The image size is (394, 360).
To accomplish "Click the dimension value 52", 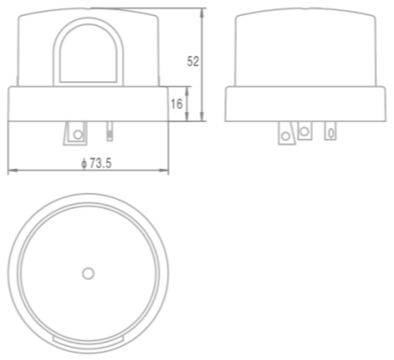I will click(194, 62).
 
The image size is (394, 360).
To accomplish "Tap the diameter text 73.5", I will click(98, 163).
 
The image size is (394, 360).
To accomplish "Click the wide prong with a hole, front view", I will click(76, 134).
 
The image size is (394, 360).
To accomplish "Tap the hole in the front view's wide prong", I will click(77, 136).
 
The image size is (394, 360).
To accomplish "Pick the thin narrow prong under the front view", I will click(110, 132).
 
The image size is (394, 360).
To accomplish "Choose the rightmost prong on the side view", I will click(330, 132).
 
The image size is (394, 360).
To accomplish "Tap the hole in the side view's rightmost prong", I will click(330, 133).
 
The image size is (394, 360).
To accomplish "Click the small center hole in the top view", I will click(88, 273).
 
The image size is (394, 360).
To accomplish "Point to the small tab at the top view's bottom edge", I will click(88, 338).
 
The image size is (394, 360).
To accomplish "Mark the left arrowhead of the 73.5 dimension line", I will click(10, 172).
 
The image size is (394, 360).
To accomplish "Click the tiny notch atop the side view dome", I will click(304, 9).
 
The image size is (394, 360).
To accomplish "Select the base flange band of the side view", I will click(304, 103).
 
